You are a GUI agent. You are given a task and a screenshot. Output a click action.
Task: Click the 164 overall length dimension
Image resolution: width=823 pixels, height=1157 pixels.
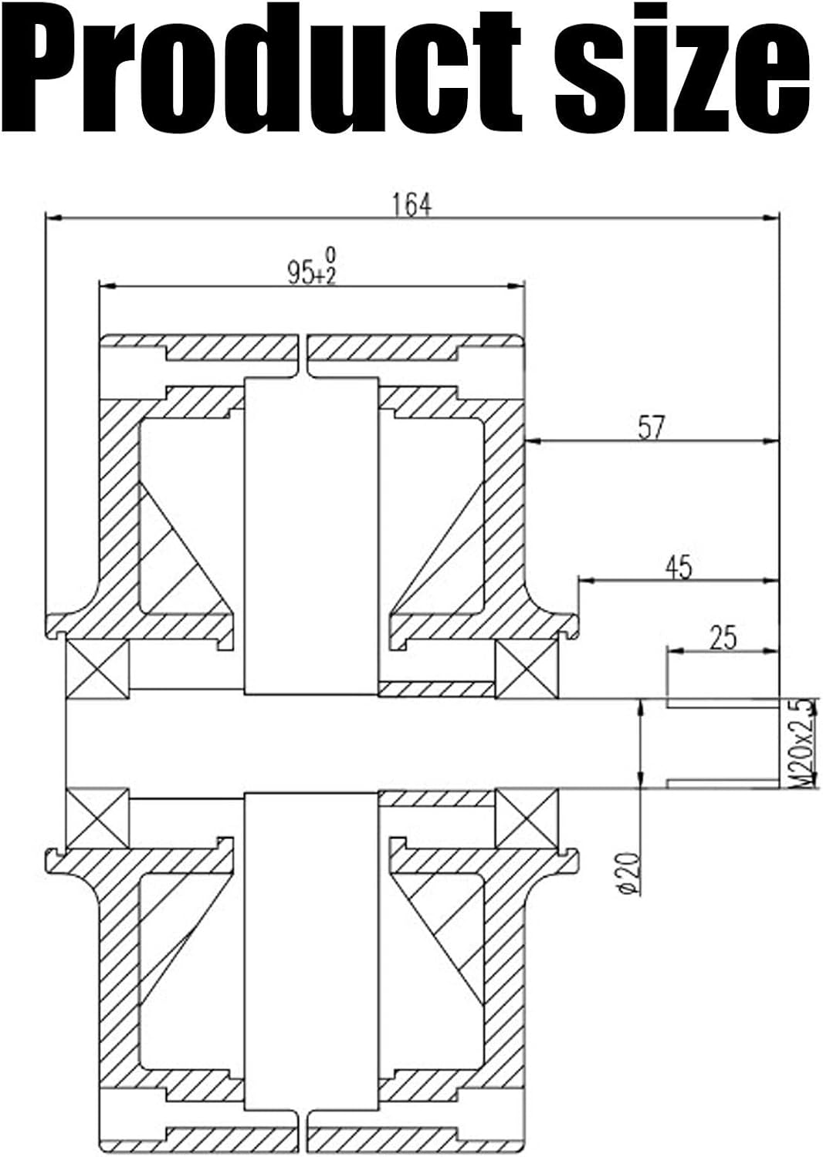[x=411, y=204]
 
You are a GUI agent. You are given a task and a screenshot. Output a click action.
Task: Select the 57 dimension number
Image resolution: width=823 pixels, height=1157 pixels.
[x=650, y=428]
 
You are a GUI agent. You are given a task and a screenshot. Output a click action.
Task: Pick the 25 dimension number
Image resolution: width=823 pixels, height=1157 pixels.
[x=723, y=638]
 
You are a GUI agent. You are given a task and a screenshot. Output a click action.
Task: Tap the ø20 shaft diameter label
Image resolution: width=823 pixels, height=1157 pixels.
[x=630, y=872]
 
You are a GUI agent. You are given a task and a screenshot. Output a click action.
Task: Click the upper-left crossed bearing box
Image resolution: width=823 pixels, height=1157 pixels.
[x=97, y=670]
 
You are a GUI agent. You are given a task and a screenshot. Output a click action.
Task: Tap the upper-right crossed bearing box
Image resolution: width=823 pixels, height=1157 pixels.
[x=527, y=670]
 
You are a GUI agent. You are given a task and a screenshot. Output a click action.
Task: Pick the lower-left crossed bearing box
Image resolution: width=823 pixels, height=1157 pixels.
[x=97, y=818]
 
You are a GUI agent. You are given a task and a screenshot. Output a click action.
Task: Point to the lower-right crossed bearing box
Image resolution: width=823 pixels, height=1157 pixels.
[x=527, y=818]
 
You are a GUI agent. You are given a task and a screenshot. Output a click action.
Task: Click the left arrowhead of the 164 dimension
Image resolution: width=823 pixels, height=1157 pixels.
[x=52, y=219]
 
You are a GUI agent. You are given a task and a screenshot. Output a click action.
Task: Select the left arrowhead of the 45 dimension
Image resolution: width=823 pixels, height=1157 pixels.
[x=585, y=582]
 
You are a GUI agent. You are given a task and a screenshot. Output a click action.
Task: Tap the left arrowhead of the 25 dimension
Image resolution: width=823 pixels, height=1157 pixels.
[x=674, y=652]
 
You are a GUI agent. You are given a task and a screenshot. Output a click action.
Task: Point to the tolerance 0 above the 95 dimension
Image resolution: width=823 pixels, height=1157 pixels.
[x=331, y=255]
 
